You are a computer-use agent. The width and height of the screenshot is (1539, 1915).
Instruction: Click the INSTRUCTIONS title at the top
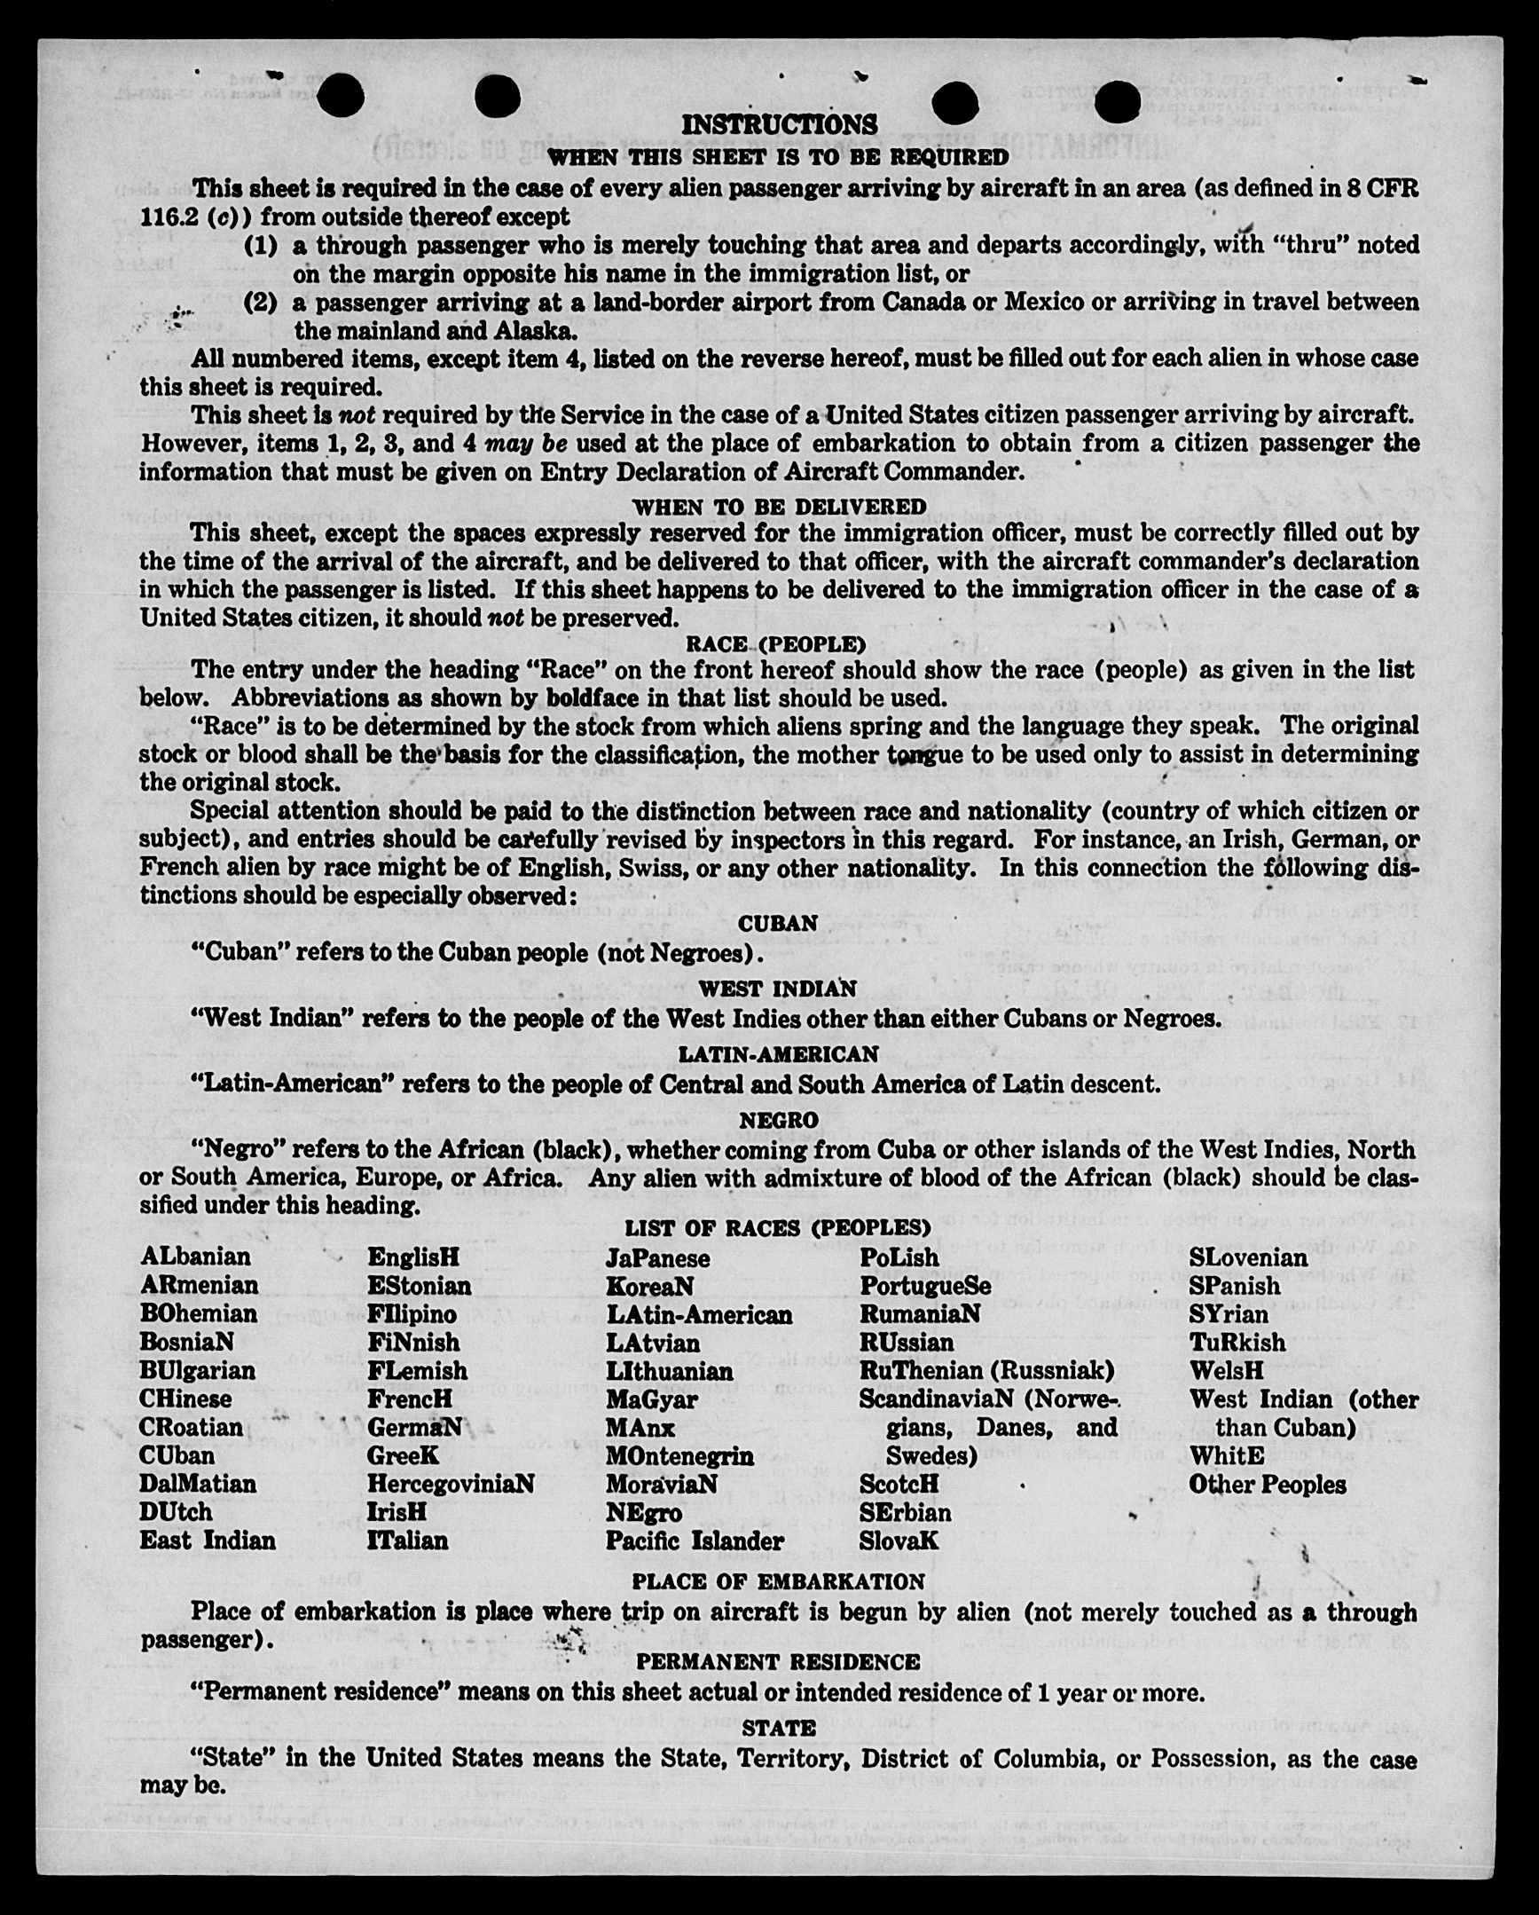(x=779, y=124)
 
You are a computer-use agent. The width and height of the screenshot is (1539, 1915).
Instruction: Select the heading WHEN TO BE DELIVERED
(x=779, y=507)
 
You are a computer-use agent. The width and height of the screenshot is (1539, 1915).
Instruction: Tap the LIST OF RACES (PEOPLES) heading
(x=778, y=1227)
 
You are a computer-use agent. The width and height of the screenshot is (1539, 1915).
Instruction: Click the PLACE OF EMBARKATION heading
(x=778, y=1582)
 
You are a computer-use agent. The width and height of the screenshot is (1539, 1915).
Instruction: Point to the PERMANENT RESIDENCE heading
(x=778, y=1662)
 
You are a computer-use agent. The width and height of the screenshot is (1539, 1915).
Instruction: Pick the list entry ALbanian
(x=195, y=1257)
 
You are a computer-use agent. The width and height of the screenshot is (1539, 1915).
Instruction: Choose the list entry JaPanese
(x=657, y=1258)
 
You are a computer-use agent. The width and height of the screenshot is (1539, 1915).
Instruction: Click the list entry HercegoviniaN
(x=451, y=1485)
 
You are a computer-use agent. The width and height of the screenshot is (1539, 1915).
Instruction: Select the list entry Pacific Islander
(x=695, y=1541)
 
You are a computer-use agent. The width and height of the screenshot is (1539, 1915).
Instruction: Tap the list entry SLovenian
(x=1248, y=1257)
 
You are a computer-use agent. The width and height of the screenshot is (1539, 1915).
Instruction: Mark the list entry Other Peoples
(x=1268, y=1485)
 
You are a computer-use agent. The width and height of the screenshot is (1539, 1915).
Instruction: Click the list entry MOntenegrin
(x=679, y=1457)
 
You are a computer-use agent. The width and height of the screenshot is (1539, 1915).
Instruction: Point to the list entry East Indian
(x=207, y=1541)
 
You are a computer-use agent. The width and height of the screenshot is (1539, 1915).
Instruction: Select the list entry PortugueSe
(x=924, y=1286)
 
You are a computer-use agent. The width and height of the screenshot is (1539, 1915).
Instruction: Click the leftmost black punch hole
(x=340, y=95)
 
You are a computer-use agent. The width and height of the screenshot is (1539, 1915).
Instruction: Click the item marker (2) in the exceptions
(x=260, y=302)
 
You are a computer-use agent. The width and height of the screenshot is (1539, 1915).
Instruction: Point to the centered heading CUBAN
(x=778, y=924)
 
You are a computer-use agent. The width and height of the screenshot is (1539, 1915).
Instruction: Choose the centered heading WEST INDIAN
(x=778, y=989)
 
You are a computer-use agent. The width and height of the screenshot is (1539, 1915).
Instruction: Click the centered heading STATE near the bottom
(x=778, y=1728)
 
